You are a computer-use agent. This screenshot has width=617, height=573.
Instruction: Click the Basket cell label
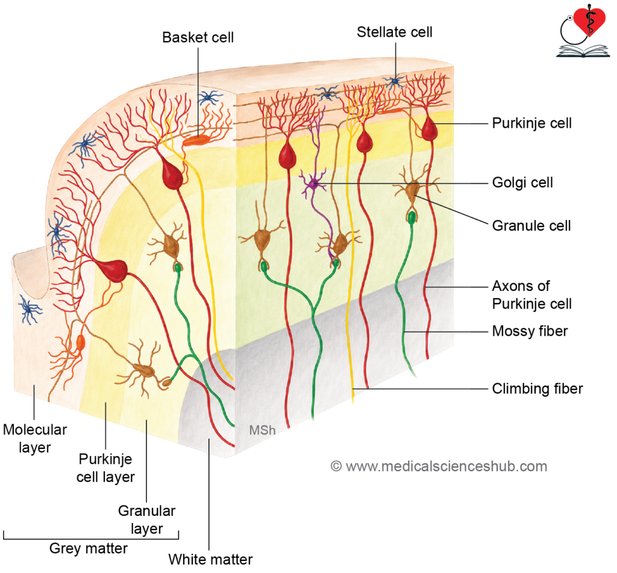point(198,37)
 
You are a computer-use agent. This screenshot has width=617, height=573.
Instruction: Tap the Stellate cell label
point(394,32)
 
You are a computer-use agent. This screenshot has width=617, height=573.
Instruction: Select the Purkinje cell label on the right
point(531,123)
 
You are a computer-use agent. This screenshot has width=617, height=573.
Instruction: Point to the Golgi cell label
point(522,183)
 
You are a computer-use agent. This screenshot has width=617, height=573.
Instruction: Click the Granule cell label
point(531,225)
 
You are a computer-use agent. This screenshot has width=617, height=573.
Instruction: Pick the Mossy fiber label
point(530,331)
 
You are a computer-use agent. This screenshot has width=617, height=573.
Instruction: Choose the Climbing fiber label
point(537,389)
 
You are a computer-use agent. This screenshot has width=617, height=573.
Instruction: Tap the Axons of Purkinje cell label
point(531,295)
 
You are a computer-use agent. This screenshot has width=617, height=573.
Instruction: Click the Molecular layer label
point(34,439)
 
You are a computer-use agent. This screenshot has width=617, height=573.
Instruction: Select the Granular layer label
point(147,519)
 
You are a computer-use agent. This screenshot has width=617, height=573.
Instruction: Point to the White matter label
point(210,559)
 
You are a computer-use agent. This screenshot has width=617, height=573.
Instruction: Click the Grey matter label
point(89,548)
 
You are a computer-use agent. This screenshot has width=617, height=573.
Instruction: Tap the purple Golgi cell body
point(313,183)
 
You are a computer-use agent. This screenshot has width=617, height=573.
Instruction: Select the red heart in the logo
point(589,21)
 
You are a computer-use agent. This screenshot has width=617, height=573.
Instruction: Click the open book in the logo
point(583,51)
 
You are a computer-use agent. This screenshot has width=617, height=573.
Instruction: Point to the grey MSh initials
point(262,430)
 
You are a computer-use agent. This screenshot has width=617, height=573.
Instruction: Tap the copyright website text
point(439,466)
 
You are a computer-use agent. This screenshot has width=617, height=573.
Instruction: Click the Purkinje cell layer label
point(105,468)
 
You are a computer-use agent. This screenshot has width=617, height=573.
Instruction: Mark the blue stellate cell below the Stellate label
point(395,81)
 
